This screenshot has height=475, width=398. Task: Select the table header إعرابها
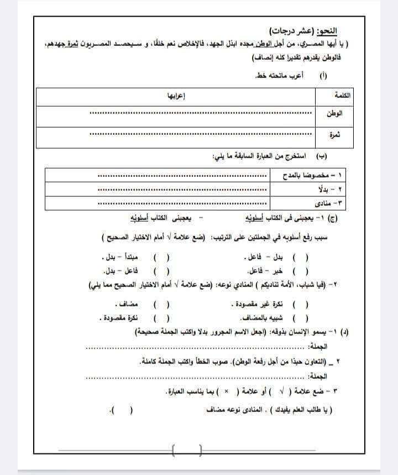pos(176,96)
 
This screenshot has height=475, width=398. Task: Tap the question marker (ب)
pos(320,157)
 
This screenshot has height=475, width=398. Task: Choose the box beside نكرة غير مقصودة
pos(299,305)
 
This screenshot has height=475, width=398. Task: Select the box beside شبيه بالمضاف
pos(299,319)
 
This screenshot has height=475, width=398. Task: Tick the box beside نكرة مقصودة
pos(161,319)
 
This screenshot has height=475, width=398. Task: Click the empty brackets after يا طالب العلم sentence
pos(123,411)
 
